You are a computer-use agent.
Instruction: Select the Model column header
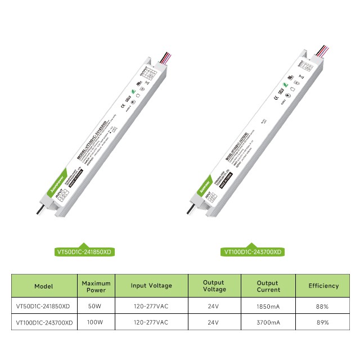44,286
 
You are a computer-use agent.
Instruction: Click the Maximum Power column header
96,286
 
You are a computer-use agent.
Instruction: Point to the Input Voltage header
151,286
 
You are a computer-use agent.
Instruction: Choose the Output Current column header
268,286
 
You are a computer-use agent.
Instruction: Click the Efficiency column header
323,286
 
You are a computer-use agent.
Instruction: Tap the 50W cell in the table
96,307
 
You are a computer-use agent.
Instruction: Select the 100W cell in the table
96,323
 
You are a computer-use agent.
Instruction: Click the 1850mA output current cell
268,307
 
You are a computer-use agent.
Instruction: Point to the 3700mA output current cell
268,323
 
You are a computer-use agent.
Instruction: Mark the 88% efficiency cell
323,307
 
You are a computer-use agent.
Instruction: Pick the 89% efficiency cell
323,323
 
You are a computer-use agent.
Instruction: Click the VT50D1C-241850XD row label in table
44,307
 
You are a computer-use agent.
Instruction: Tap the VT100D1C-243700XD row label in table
44,323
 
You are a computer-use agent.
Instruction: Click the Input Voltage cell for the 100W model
151,323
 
